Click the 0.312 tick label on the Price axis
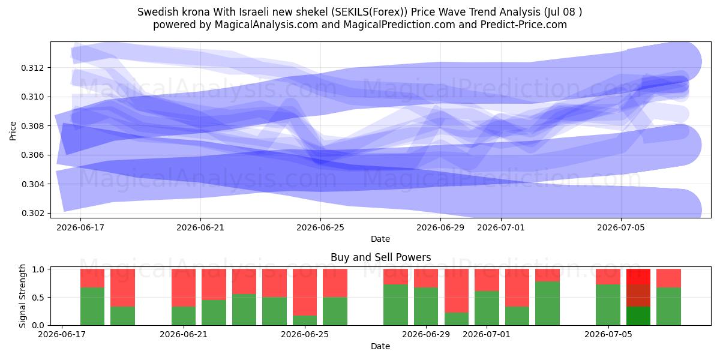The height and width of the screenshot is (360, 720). (x=31, y=68)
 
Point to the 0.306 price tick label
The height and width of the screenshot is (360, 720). (x=31, y=155)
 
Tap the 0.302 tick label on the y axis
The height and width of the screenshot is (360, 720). (x=31, y=213)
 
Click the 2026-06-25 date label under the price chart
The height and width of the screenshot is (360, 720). (x=320, y=227)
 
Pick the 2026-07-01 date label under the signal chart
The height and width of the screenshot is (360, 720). (x=487, y=334)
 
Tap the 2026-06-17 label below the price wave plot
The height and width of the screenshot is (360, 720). (x=80, y=227)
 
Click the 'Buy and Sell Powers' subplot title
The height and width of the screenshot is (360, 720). (x=380, y=257)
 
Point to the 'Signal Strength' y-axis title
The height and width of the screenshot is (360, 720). (x=22, y=296)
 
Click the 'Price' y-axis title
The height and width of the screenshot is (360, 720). (x=13, y=131)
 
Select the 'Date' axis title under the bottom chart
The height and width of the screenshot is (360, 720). (x=380, y=346)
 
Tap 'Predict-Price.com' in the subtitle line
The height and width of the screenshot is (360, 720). (x=524, y=25)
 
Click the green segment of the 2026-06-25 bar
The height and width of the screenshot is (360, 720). (x=305, y=320)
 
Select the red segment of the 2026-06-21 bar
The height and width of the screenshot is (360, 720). (x=184, y=287)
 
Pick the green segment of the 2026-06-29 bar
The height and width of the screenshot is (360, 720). (x=426, y=307)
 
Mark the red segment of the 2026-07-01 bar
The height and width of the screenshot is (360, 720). (x=487, y=280)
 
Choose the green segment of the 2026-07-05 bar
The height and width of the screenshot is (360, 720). (x=608, y=305)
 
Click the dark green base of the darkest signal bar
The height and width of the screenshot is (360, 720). (x=638, y=316)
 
